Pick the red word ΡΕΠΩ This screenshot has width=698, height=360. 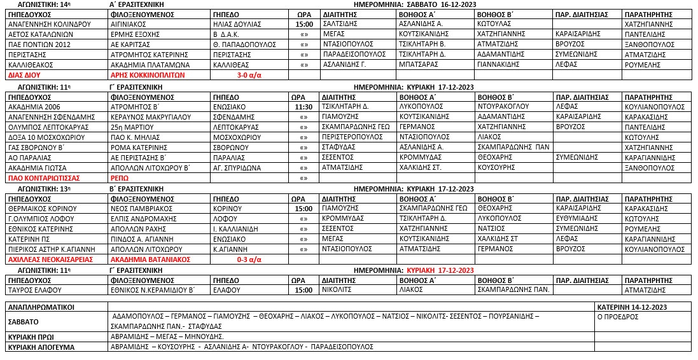[x=120, y=178]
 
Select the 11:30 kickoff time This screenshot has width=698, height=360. [x=304, y=106]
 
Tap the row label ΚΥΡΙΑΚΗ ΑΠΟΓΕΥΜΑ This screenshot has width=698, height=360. [x=41, y=347]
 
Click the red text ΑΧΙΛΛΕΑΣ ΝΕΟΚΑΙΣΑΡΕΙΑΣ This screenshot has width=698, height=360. [x=50, y=260]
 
